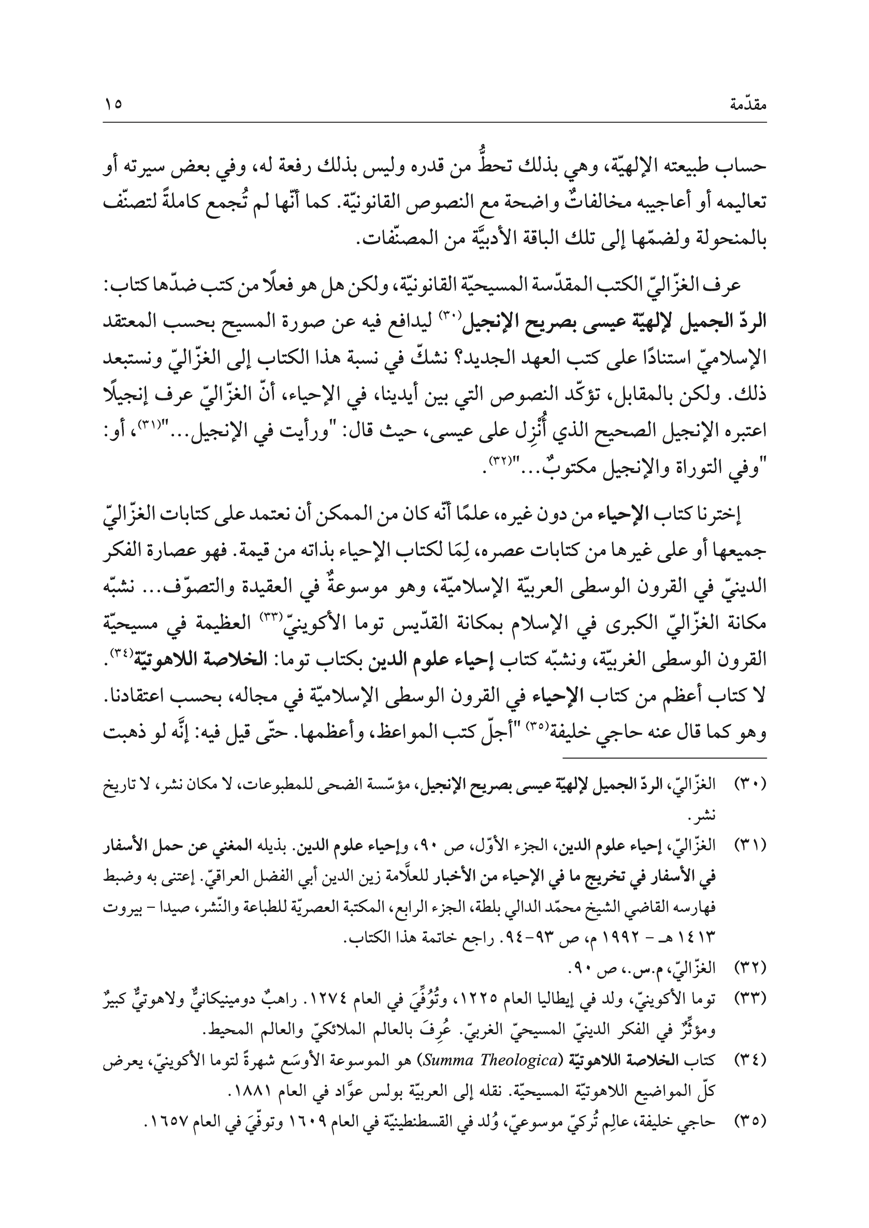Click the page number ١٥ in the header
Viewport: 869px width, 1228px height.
(113, 103)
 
